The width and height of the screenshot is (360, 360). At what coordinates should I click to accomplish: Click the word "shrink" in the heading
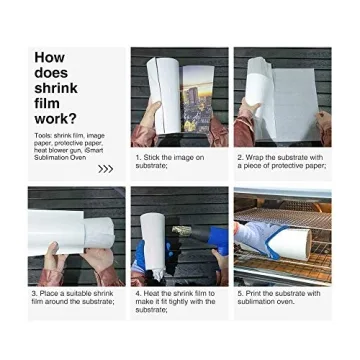55,89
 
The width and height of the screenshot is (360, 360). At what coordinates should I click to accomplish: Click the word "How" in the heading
49,58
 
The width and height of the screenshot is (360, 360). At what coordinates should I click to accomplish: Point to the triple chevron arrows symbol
105,169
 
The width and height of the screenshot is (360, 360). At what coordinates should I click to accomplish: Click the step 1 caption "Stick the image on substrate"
170,160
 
